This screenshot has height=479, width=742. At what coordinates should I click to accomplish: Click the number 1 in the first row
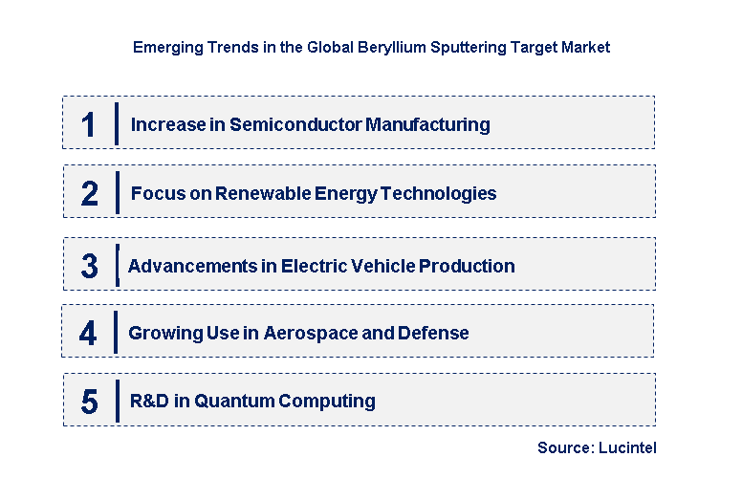coord(89,124)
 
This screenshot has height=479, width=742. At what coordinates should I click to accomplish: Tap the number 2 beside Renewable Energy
coord(89,193)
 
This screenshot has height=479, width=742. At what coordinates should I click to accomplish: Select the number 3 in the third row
coord(89,266)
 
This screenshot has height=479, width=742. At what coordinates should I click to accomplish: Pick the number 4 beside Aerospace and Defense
coord(88,333)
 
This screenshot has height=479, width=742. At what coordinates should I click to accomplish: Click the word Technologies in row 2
coord(439,193)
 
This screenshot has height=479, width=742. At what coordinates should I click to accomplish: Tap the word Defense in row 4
coord(437,333)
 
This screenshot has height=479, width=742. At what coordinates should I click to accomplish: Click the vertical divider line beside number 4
coord(117,333)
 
